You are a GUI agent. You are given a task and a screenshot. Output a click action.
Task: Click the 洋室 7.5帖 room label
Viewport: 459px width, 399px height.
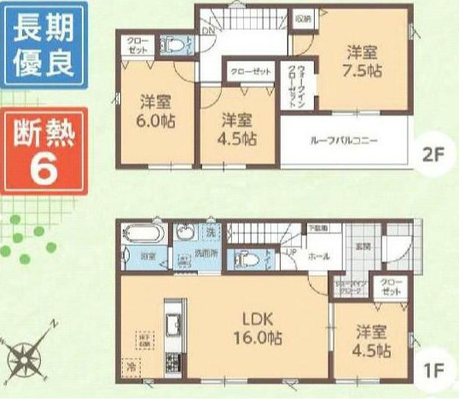(359, 59)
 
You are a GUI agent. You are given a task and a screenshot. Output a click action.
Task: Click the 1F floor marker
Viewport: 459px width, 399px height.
(434, 373)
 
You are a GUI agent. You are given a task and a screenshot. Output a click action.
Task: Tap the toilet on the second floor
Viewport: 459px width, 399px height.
(173, 45)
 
